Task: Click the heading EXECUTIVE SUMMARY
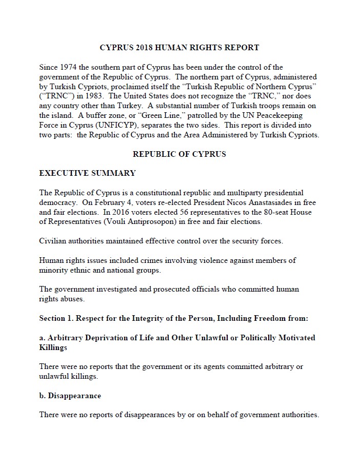pos(88,173)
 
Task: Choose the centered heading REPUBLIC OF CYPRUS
pos(179,154)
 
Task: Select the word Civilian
pos(54,241)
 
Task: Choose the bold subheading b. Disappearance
pos(70,396)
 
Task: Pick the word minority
pos(54,270)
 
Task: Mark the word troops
pos(257,106)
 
